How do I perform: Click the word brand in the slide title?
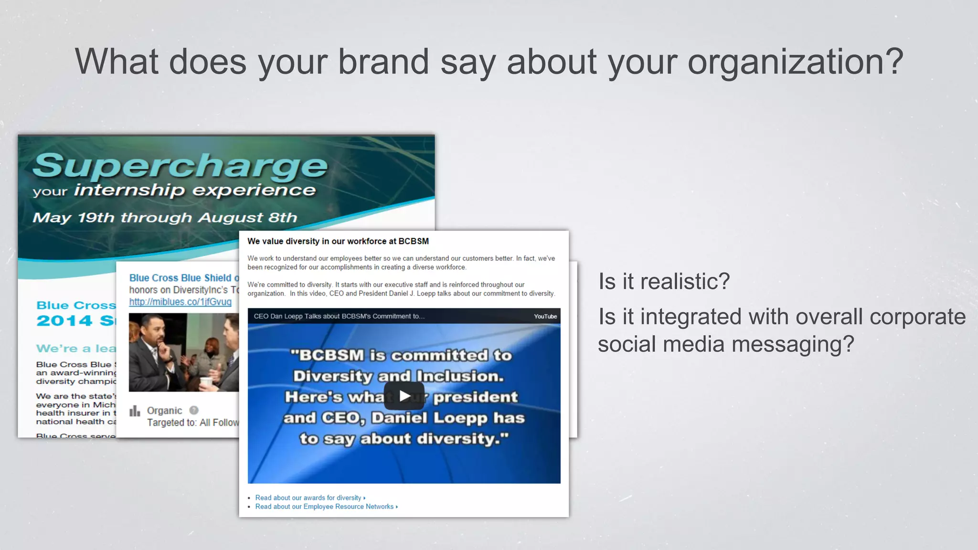point(383,62)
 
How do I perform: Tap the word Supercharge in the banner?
point(180,166)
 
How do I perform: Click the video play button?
point(404,396)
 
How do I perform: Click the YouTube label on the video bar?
point(545,317)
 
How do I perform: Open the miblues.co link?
point(180,302)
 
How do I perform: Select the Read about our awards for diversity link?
point(308,497)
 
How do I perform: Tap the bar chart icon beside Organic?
point(135,411)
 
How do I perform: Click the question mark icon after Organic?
point(194,410)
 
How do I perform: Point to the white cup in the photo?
point(206,382)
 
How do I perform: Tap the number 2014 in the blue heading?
point(64,320)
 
